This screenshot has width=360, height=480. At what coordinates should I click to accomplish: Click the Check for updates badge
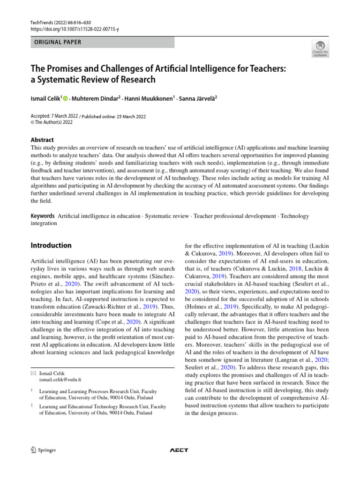(320, 48)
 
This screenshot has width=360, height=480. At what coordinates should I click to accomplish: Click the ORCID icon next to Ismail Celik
(65, 98)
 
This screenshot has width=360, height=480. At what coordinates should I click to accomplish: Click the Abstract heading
(42, 140)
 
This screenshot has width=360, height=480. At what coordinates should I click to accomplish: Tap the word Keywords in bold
(43, 216)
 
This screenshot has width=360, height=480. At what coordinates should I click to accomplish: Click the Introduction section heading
(51, 245)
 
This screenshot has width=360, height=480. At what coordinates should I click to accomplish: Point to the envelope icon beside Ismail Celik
(33, 373)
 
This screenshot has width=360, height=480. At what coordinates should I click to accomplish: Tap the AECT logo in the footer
(179, 450)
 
